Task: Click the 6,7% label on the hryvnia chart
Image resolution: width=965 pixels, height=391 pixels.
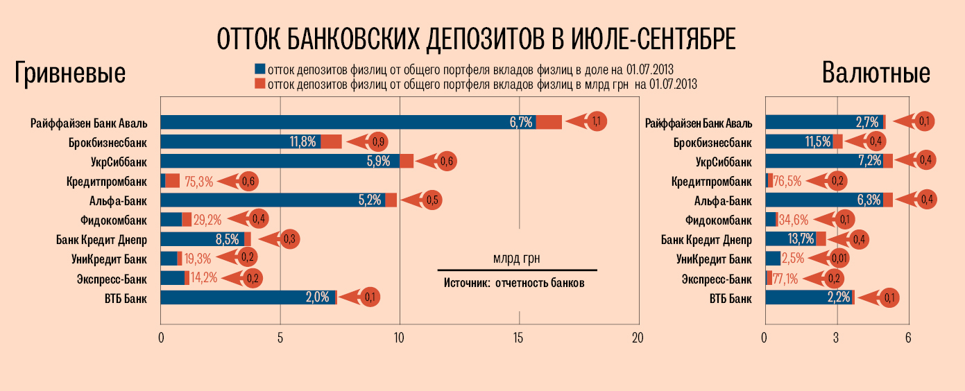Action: [x=520, y=123]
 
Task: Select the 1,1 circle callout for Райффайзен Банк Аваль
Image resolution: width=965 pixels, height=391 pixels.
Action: [x=597, y=122]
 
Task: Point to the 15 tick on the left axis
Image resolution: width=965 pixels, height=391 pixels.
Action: [x=519, y=338]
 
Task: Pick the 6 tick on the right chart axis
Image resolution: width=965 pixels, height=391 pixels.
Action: [x=908, y=338]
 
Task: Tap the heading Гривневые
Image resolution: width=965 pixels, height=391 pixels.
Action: [x=70, y=73]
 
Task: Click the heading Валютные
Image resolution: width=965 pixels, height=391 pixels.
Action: [x=876, y=73]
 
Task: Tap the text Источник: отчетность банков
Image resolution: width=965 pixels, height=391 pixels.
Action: [x=514, y=284]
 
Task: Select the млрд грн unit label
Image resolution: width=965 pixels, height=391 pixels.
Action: [x=516, y=259]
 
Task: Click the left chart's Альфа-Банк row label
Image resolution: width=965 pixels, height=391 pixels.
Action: [x=120, y=201]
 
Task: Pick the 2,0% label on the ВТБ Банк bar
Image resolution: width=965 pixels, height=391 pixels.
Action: [x=317, y=298]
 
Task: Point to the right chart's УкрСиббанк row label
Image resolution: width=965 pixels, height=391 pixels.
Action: [x=723, y=162]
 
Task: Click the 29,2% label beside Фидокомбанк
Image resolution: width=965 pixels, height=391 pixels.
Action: [x=207, y=220]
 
